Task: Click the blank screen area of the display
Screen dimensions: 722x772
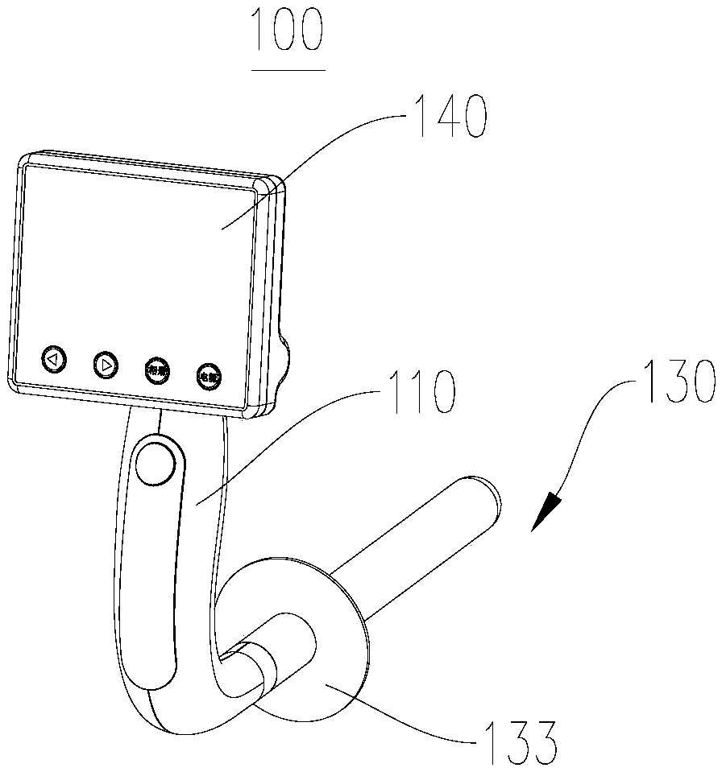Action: [x=137, y=258]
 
